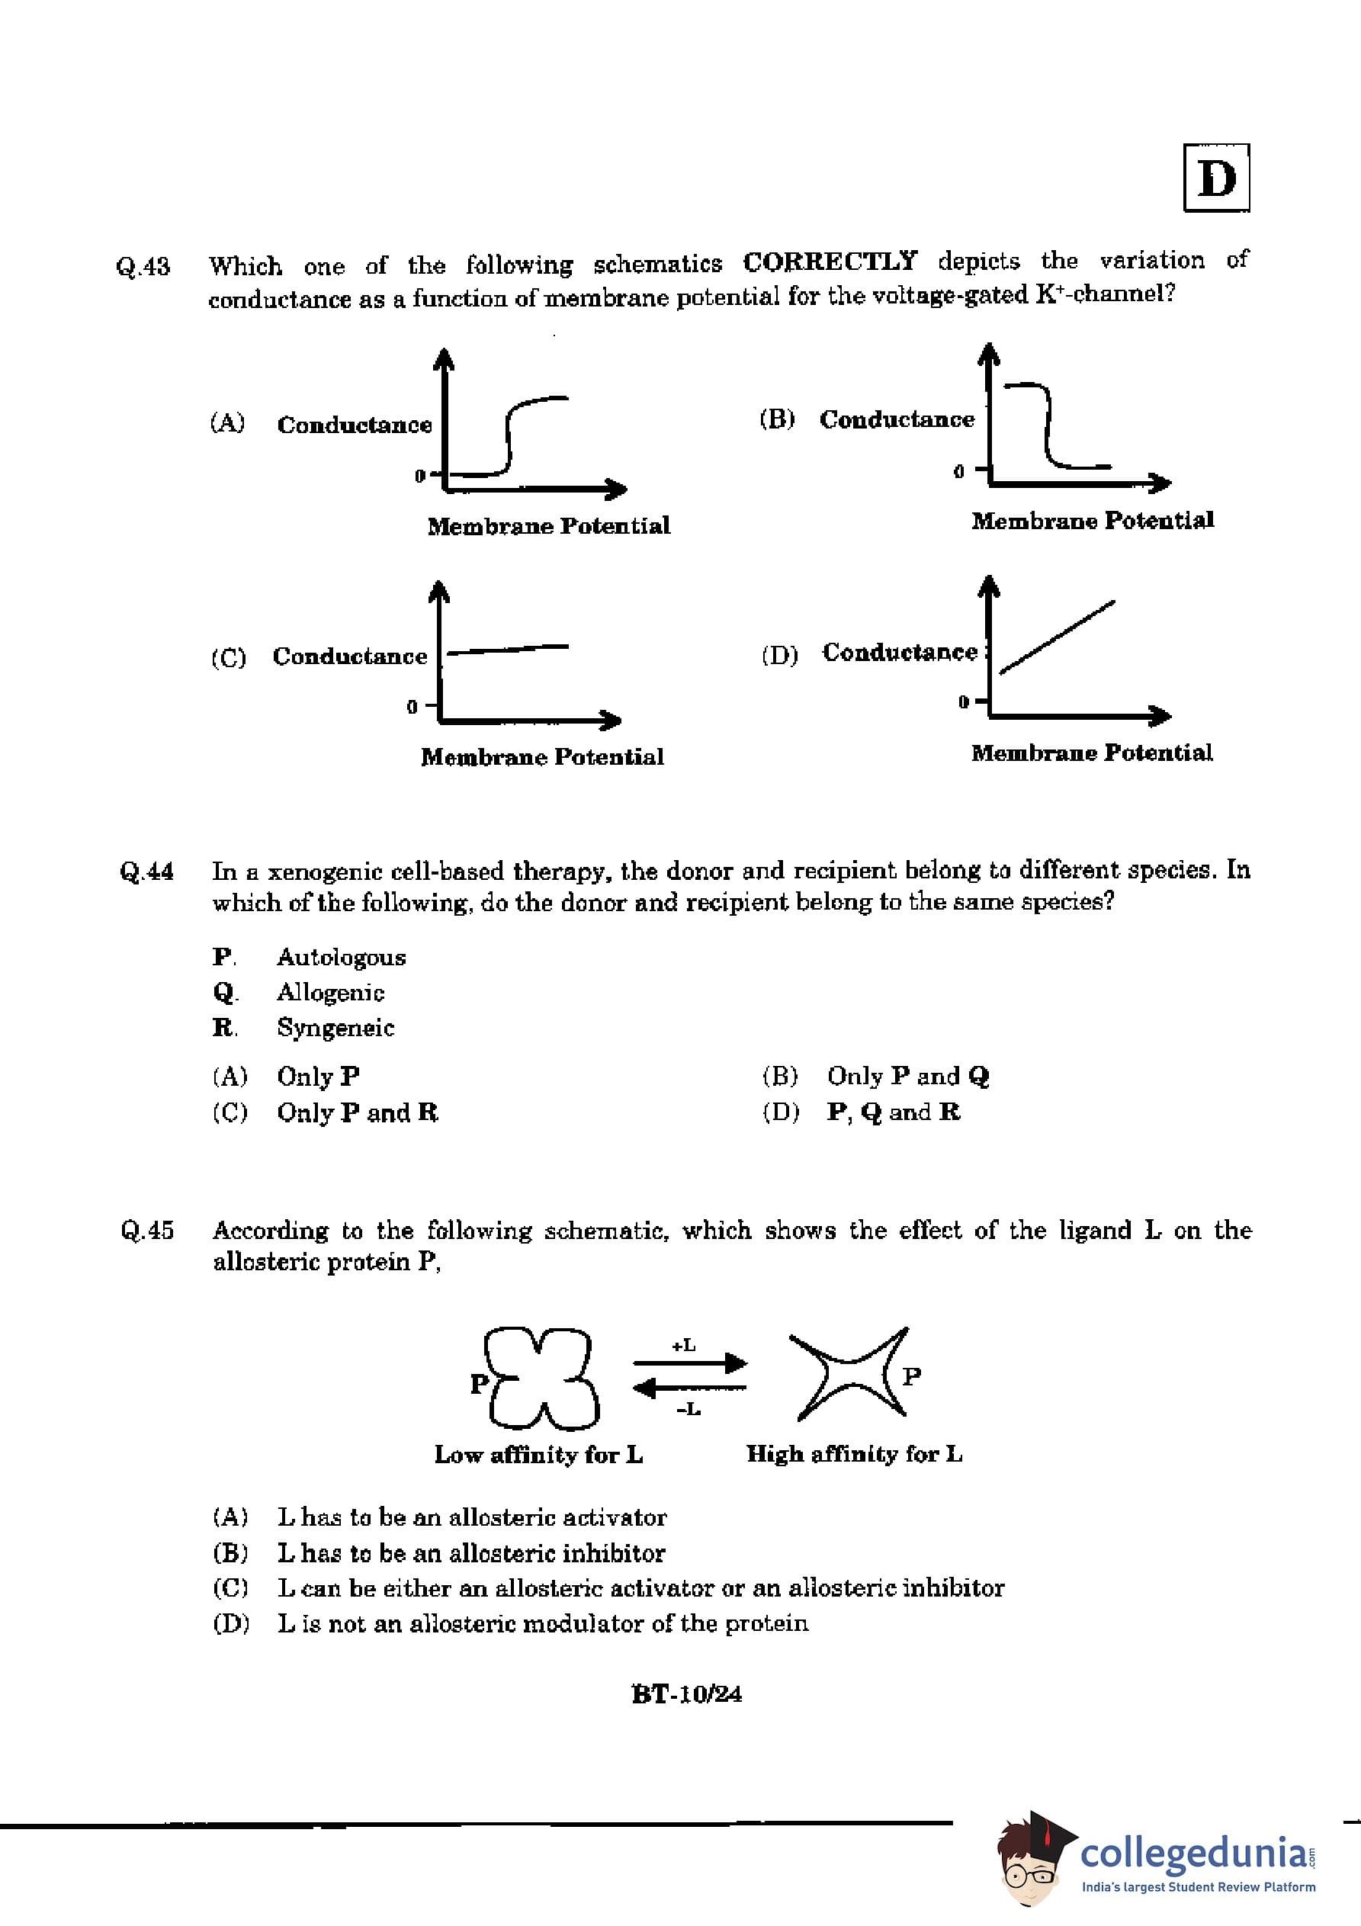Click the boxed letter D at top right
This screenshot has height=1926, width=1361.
pyautogui.click(x=1216, y=178)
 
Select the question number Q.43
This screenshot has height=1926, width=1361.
pyautogui.click(x=143, y=267)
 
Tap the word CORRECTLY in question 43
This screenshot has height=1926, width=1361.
pyautogui.click(x=830, y=262)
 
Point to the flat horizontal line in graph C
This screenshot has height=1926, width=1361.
pyautogui.click(x=508, y=647)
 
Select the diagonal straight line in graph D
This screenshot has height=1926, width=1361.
pyautogui.click(x=1058, y=636)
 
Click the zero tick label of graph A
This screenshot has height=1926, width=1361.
pyautogui.click(x=419, y=476)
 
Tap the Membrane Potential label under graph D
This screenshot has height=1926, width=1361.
pyautogui.click(x=1092, y=753)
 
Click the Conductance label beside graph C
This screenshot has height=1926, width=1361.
pyautogui.click(x=350, y=656)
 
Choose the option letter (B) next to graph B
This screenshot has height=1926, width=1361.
pyautogui.click(x=777, y=419)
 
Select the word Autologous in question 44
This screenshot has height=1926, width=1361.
pyautogui.click(x=342, y=957)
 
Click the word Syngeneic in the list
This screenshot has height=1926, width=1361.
pyautogui.click(x=335, y=1028)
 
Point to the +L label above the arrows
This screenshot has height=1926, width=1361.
pyautogui.click(x=684, y=1346)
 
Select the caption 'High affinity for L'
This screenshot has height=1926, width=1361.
pyautogui.click(x=854, y=1454)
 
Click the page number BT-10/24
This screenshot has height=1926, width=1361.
pyautogui.click(x=686, y=1694)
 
